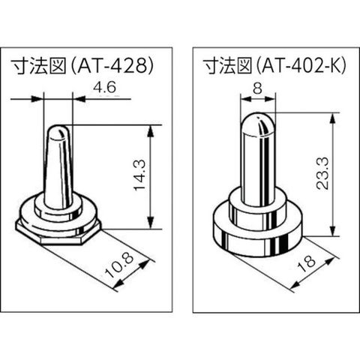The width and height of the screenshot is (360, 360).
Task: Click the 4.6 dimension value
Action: pos(104,88)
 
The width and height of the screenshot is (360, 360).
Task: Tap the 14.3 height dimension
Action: pos(140,175)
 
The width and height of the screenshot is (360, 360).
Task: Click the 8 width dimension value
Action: pos(257,88)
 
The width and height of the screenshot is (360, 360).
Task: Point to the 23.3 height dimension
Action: pos(322,173)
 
